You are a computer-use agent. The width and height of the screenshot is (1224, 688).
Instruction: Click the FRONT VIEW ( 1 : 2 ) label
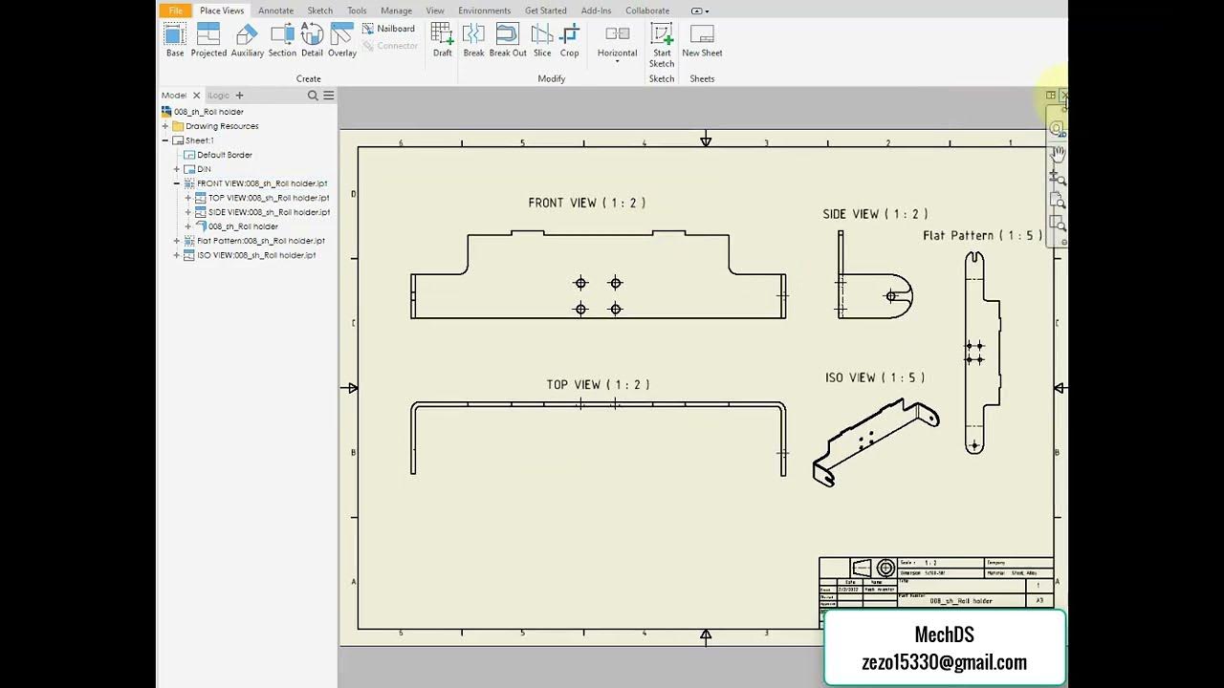586,203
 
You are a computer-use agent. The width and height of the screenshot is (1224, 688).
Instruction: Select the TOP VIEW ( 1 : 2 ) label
598,384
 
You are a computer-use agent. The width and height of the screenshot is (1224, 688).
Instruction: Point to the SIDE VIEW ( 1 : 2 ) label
875,214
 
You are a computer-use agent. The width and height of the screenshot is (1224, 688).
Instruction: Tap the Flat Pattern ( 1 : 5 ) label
982,235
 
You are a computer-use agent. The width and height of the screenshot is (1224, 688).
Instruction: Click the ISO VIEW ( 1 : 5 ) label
874,377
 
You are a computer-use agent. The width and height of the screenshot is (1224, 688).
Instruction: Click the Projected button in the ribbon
208,40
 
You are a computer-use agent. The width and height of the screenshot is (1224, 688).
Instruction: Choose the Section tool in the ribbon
282,40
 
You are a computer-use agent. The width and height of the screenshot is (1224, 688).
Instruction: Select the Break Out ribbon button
508,40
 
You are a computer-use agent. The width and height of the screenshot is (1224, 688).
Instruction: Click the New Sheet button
702,40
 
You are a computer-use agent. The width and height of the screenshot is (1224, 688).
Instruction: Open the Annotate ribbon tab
275,11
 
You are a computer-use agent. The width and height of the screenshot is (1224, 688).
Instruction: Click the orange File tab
176,11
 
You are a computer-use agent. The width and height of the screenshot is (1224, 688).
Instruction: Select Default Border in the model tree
225,155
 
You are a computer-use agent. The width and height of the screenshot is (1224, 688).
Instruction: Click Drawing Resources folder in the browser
222,126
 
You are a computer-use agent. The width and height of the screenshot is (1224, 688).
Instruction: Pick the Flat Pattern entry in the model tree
260,241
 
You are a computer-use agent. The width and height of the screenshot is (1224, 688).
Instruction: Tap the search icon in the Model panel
313,96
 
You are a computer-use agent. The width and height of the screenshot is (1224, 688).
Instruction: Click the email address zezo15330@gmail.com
944,662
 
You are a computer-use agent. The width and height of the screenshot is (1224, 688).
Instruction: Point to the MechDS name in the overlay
944,634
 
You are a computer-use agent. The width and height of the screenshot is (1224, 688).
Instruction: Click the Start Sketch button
662,44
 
